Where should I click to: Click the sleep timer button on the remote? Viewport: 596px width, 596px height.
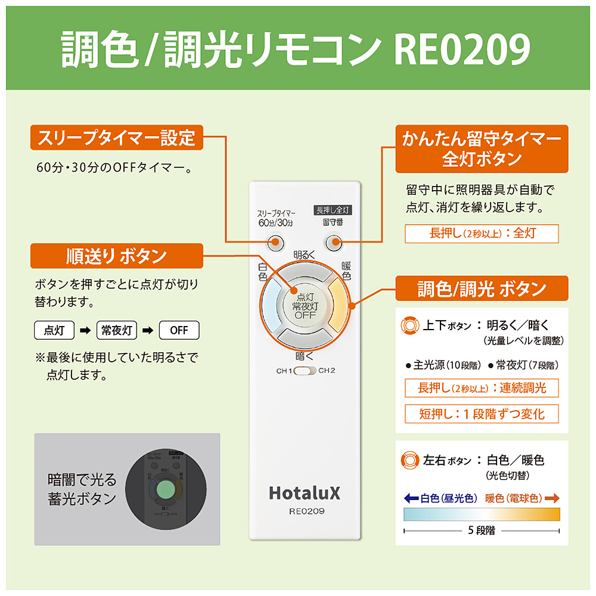click(275, 242)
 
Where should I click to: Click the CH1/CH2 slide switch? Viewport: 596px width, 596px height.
click(305, 371)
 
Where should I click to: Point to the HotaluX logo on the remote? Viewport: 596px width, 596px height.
click(305, 492)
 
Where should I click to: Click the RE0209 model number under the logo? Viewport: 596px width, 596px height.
click(305, 511)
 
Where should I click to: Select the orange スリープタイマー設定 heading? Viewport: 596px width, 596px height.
click(116, 139)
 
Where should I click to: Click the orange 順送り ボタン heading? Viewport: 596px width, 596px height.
click(116, 256)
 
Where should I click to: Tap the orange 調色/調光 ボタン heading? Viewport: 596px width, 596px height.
click(482, 290)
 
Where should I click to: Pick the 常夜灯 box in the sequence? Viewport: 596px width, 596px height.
click(117, 330)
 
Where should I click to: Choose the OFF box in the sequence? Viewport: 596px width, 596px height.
click(179, 330)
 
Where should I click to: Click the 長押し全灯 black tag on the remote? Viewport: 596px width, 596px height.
click(333, 210)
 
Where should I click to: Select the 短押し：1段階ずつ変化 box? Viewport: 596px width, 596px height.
click(482, 414)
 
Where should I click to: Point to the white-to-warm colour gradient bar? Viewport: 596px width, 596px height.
click(482, 514)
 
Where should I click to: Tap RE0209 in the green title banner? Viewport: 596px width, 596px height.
click(462, 50)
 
